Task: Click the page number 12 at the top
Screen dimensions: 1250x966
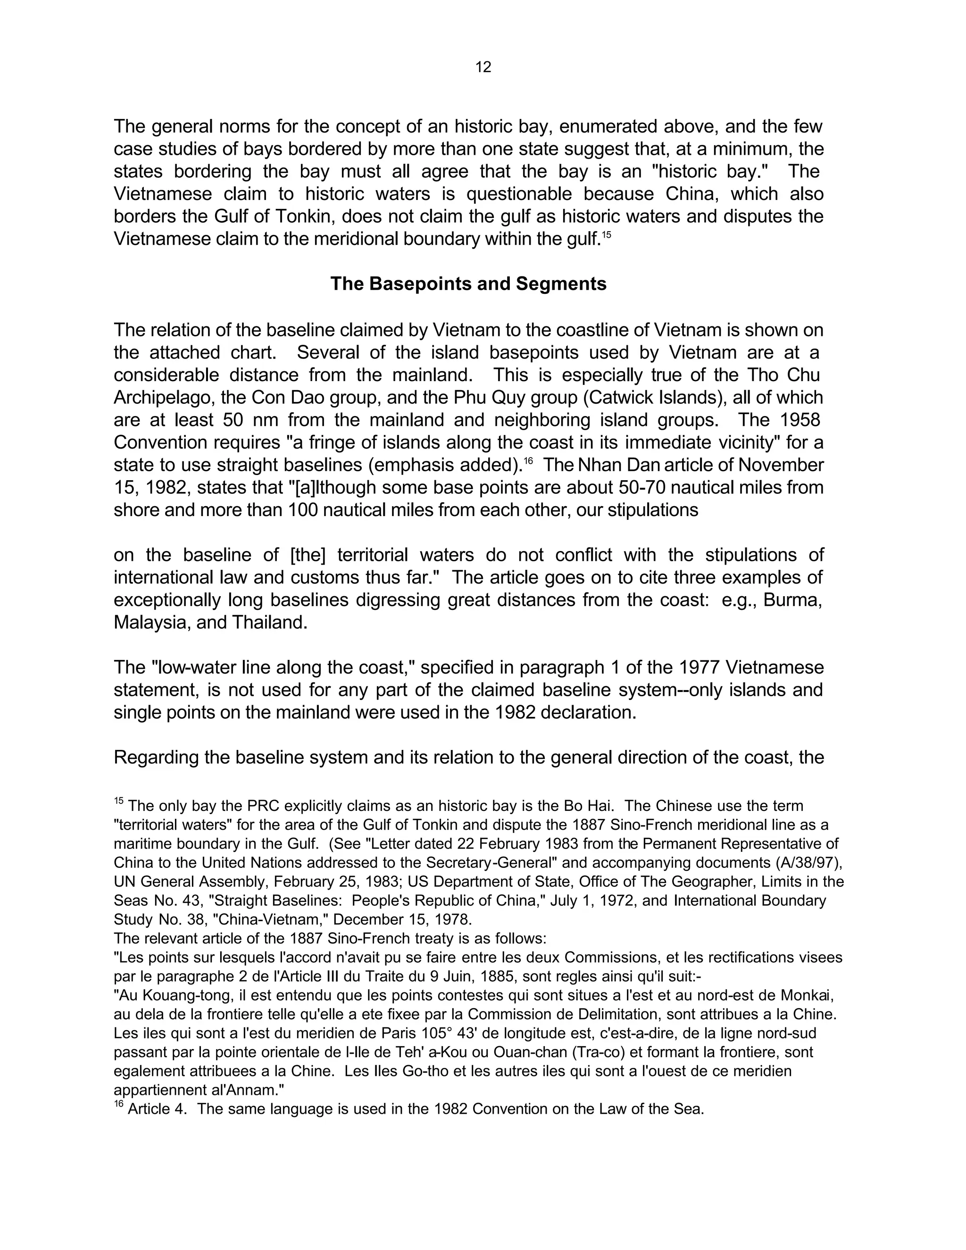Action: coord(483,67)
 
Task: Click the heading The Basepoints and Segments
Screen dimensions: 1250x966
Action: coord(468,284)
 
